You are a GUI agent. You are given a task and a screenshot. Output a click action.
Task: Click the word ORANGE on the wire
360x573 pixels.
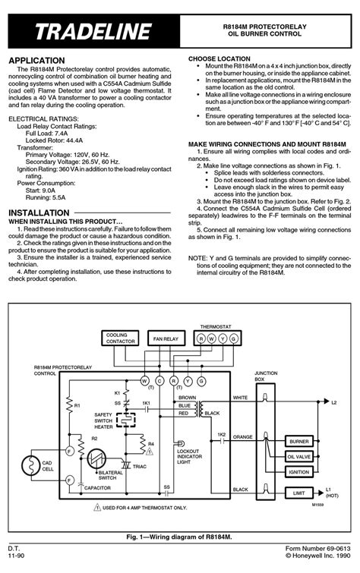pyautogui.click(x=242, y=437)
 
